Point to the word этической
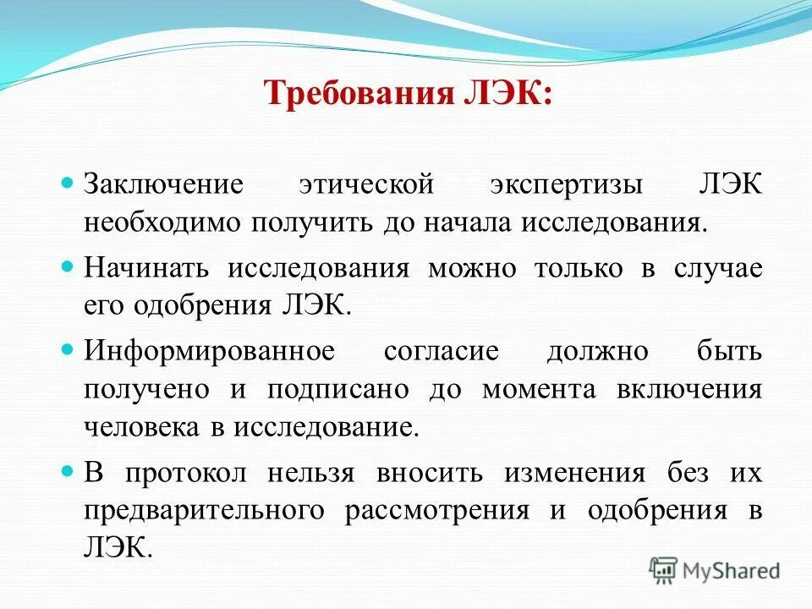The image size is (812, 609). tap(367, 185)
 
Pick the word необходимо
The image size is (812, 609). tap(162, 222)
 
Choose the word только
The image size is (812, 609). tap(577, 268)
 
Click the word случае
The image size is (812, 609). tap(718, 268)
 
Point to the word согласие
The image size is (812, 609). tap(441, 351)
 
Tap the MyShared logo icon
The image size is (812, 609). tap(662, 570)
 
